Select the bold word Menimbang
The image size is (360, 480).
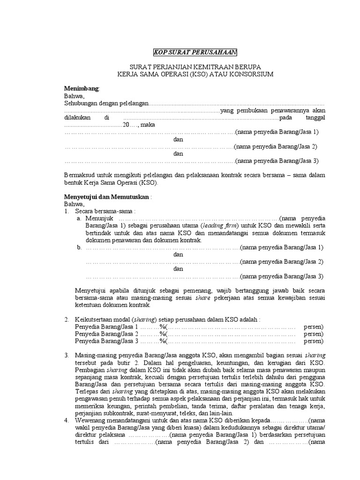(x=82, y=89)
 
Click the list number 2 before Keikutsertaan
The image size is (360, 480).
(x=67, y=319)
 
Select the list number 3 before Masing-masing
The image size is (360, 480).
(x=67, y=355)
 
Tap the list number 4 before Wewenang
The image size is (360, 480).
(x=67, y=421)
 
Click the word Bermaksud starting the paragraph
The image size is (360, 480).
(x=79, y=174)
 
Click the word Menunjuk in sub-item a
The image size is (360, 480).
(x=99, y=218)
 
